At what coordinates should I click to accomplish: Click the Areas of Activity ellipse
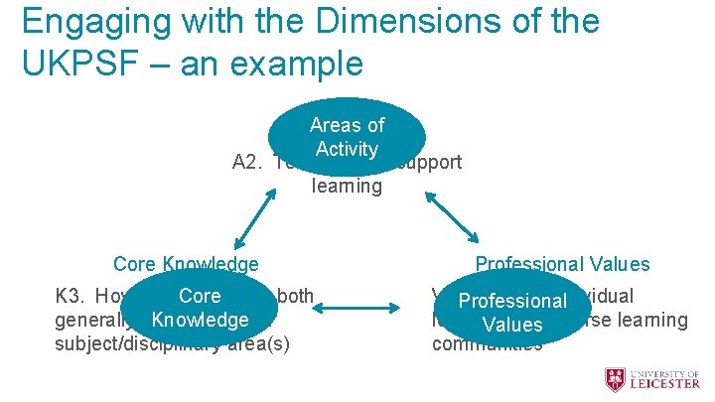[x=347, y=137]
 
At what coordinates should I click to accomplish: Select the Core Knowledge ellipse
[x=200, y=308]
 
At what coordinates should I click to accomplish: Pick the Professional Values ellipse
[x=511, y=312]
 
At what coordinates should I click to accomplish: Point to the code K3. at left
[x=71, y=296]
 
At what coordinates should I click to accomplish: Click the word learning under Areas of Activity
[x=347, y=186]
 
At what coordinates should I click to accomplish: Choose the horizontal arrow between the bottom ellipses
[x=359, y=308]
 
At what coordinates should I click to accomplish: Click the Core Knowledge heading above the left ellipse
[x=186, y=264]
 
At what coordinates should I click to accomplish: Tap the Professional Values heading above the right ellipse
[x=562, y=264]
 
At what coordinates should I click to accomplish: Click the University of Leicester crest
[x=616, y=379]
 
